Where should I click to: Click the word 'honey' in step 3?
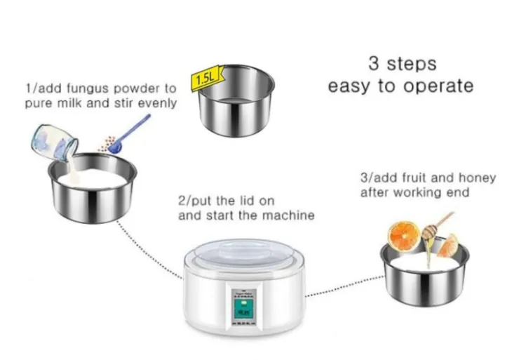coord(479,178)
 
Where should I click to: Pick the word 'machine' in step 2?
coord(290,215)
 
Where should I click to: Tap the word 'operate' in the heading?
coord(439,86)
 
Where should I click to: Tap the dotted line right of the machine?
coord(344,288)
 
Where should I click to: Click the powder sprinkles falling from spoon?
coord(106,144)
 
